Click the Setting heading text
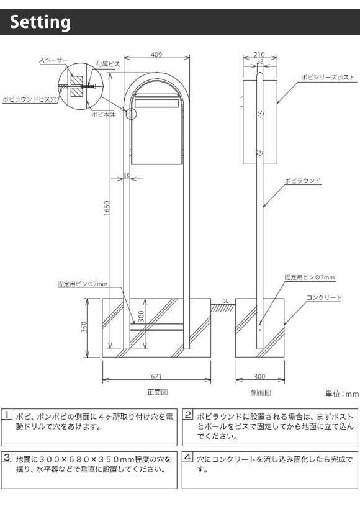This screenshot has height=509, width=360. (x=40, y=22)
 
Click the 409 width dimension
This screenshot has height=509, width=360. (x=156, y=55)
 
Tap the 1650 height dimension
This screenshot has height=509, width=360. (x=107, y=207)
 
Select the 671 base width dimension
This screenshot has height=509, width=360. (x=156, y=376)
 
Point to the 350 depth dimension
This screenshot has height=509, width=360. (x=84, y=327)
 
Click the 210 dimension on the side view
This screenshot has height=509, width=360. (x=259, y=55)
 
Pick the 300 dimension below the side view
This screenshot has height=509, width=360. (x=259, y=376)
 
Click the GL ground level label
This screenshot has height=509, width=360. (x=225, y=301)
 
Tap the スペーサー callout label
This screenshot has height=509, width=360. (x=54, y=60)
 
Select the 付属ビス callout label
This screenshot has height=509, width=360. (x=108, y=65)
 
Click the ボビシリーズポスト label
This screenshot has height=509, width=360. (x=328, y=77)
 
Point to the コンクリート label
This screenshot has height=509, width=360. (x=323, y=297)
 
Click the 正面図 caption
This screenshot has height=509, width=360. (x=157, y=392)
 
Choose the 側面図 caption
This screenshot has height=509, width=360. (x=261, y=392)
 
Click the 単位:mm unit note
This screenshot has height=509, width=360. (x=342, y=394)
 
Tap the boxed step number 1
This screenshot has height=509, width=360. (x=7, y=415)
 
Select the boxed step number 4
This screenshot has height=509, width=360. (x=187, y=457)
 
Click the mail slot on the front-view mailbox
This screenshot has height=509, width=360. (x=157, y=103)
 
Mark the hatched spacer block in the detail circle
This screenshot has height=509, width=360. (x=77, y=86)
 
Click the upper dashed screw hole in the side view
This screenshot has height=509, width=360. (x=260, y=114)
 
